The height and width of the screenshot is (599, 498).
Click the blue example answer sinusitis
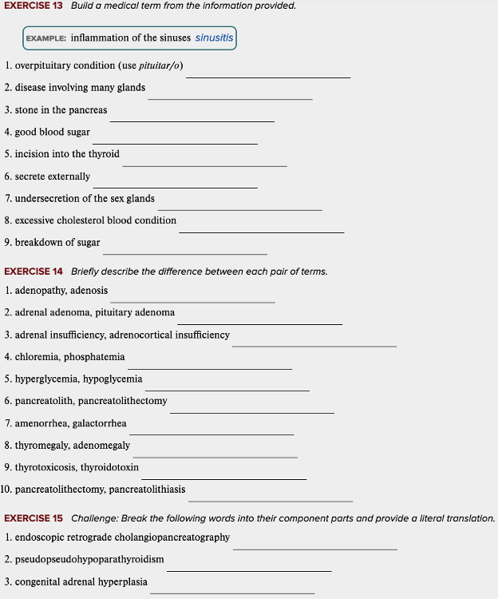[214, 38]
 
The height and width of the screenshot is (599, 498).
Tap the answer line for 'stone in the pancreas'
[192, 121]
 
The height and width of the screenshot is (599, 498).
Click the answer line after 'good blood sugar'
[175, 143]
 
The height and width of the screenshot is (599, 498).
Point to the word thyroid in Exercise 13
[104, 154]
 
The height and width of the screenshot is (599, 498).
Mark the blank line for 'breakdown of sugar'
[184, 253]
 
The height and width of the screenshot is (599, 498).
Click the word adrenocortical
[140, 335]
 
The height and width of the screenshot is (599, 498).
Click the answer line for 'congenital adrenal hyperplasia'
[232, 593]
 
